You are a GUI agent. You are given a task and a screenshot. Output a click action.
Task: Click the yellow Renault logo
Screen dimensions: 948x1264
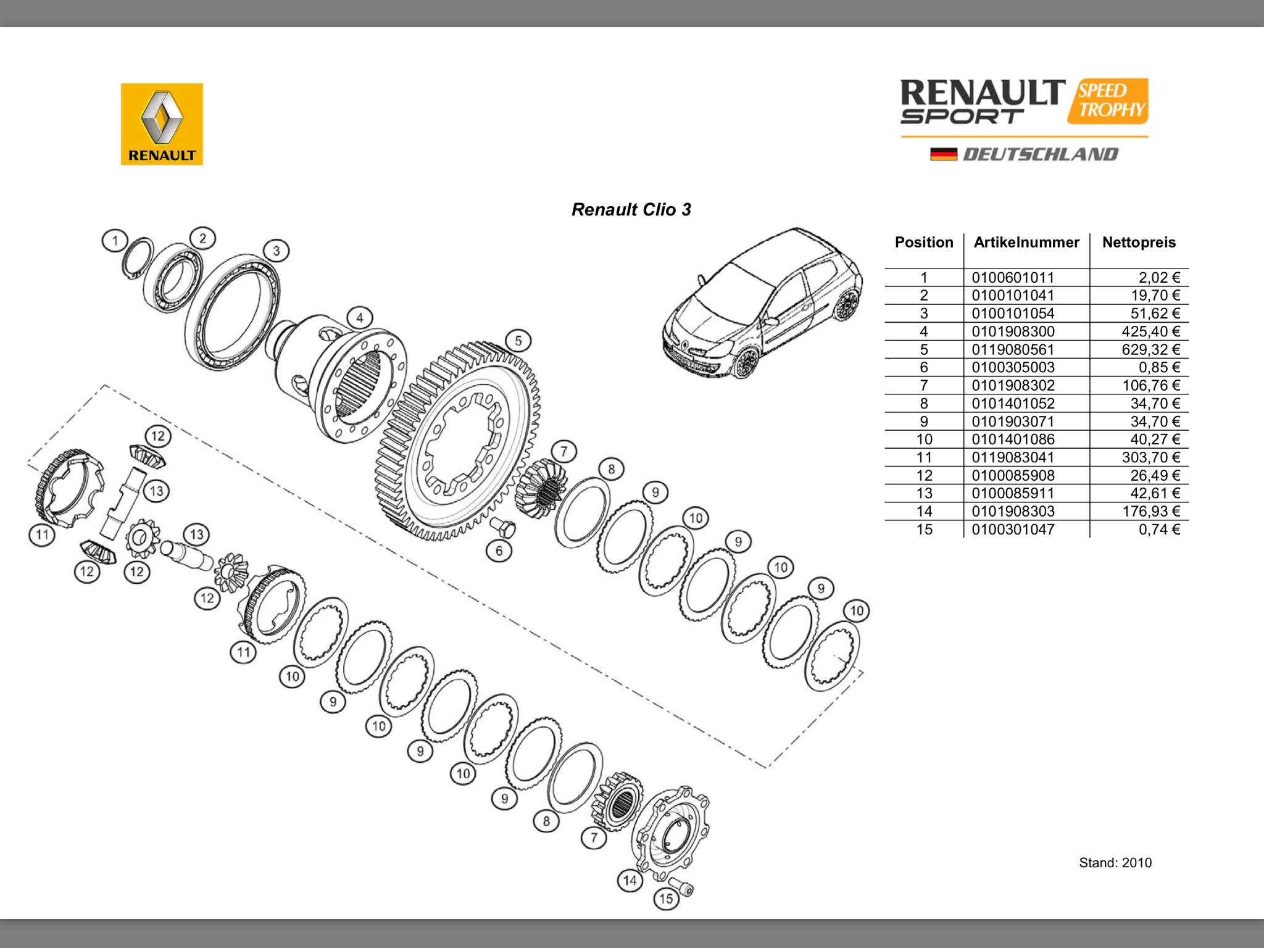[162, 124]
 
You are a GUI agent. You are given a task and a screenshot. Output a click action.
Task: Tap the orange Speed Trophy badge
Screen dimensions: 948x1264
[1108, 101]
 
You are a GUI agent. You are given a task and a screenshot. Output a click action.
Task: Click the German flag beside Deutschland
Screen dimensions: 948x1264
[943, 154]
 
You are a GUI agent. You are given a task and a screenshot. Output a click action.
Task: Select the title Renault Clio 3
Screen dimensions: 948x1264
[631, 210]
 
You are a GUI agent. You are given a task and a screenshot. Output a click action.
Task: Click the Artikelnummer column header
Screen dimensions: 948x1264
[1026, 243]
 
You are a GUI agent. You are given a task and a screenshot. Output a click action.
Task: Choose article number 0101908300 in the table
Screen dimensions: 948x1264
[1013, 331]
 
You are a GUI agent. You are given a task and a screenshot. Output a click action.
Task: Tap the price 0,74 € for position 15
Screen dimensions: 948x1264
[1159, 529]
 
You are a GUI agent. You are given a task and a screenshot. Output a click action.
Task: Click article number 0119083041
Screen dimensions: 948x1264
[1013, 457]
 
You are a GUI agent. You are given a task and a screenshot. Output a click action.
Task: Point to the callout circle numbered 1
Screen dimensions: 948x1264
[115, 241]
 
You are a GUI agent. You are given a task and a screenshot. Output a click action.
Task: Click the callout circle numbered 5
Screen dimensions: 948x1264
[518, 341]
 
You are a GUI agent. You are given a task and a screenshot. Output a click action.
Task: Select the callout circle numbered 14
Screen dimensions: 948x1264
[630, 880]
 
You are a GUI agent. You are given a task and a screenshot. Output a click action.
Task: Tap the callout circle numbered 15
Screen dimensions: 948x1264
[666, 899]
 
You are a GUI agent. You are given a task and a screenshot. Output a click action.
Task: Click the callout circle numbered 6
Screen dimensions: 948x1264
[499, 551]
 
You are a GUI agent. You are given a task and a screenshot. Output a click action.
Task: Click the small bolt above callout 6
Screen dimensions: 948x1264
[502, 526]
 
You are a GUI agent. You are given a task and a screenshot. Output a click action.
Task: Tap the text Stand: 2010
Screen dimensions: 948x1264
[1115, 863]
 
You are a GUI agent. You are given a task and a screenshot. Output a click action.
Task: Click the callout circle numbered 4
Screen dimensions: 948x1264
[360, 318]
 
